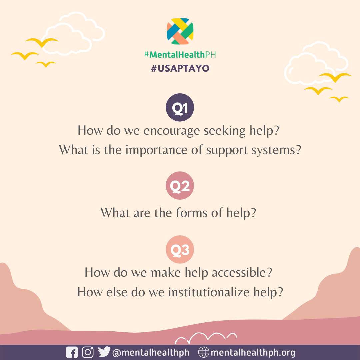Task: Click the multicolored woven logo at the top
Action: click(180, 31)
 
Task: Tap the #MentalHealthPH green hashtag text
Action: click(180, 54)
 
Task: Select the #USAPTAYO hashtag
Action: click(180, 68)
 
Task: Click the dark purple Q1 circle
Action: click(180, 107)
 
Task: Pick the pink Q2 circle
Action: click(180, 186)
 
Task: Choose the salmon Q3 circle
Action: click(180, 250)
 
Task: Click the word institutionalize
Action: click(209, 292)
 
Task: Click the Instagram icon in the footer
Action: click(88, 352)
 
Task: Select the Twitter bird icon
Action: click(104, 352)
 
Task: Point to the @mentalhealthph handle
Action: click(151, 353)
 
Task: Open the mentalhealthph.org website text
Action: click(253, 353)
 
